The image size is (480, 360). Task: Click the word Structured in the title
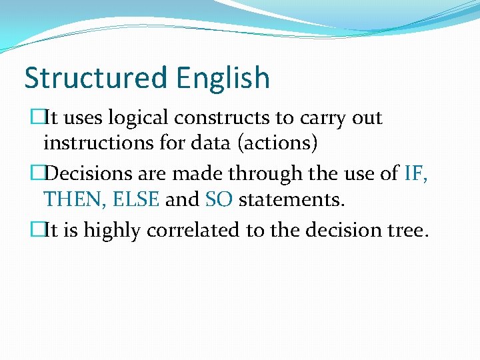(97, 78)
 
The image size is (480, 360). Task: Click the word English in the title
(223, 78)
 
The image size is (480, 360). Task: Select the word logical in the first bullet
(139, 118)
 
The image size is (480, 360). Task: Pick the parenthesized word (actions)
(279, 142)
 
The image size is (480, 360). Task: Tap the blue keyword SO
(219, 199)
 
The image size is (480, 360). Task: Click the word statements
(291, 199)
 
